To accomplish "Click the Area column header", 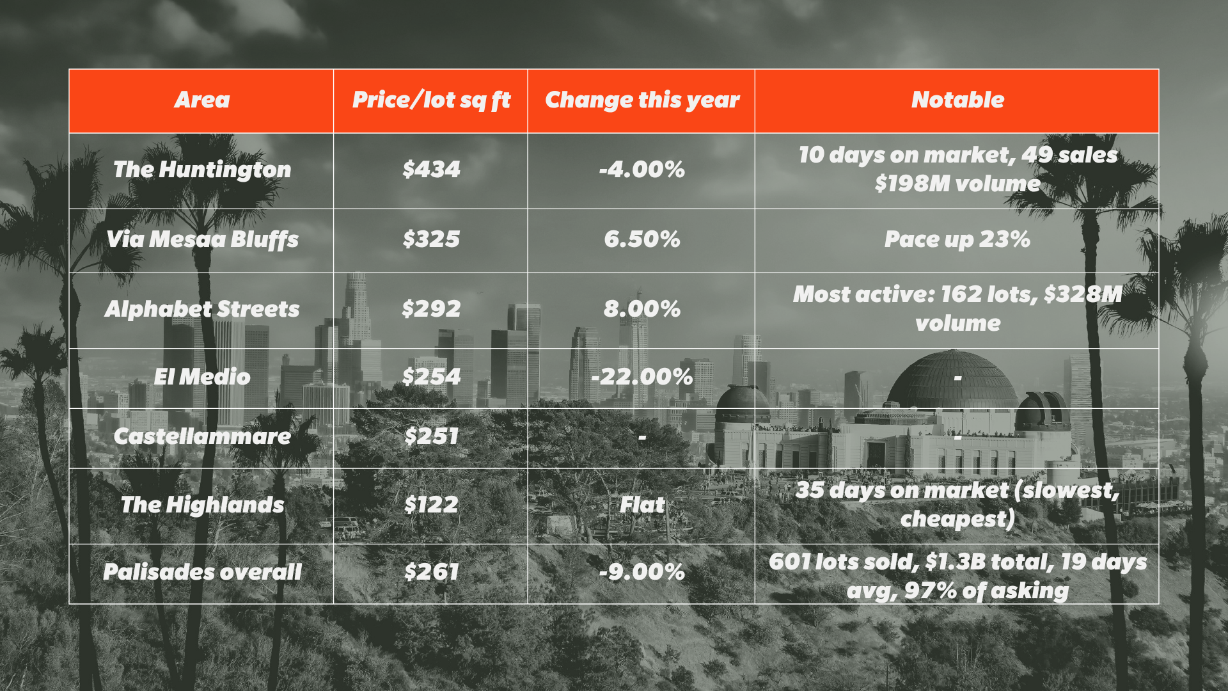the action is pyautogui.click(x=201, y=100).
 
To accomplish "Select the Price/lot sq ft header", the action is pyautogui.click(x=431, y=100).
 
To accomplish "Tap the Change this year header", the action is pyautogui.click(x=642, y=100).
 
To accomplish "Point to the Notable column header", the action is pyautogui.click(x=957, y=100).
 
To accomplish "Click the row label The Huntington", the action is pyautogui.click(x=202, y=170).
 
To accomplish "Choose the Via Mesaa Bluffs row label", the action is pyautogui.click(x=202, y=239).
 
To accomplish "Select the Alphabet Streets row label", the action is pyautogui.click(x=202, y=309).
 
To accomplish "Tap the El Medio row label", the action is pyautogui.click(x=202, y=377).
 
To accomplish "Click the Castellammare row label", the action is pyautogui.click(x=202, y=436).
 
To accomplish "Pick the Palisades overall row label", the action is pyautogui.click(x=202, y=572).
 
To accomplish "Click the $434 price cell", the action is pyautogui.click(x=431, y=170).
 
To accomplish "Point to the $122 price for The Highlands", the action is pyautogui.click(x=431, y=505).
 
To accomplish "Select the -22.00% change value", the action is pyautogui.click(x=642, y=377).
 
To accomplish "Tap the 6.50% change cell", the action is pyautogui.click(x=642, y=239).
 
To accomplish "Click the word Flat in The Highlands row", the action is pyautogui.click(x=642, y=505).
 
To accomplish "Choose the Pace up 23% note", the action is pyautogui.click(x=957, y=239).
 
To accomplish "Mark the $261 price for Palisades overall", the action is pyautogui.click(x=431, y=572).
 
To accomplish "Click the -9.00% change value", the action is pyautogui.click(x=642, y=572).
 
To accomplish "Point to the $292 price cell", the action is pyautogui.click(x=431, y=309).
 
